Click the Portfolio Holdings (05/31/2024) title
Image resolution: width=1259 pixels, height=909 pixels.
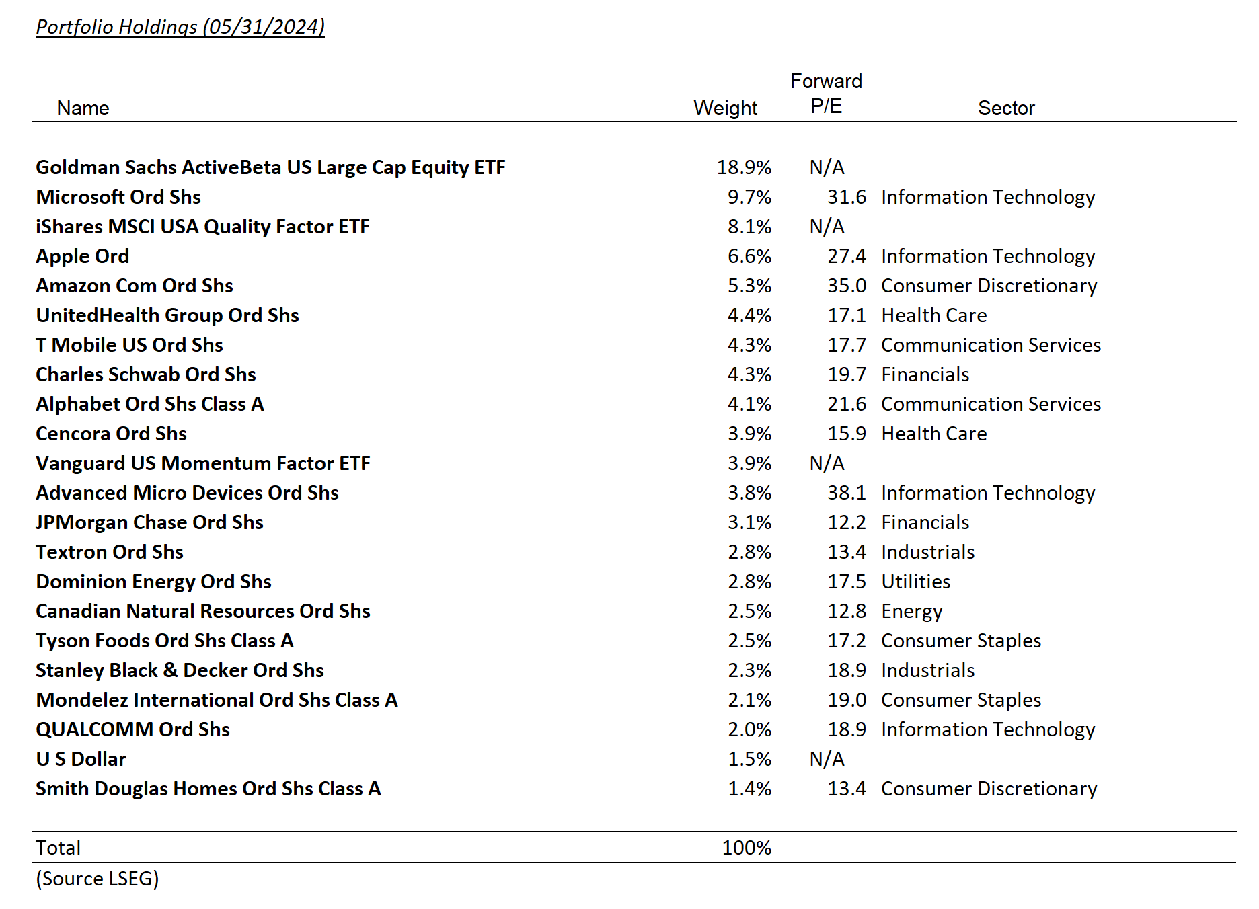(180, 27)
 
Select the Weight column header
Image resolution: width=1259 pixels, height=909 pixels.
(725, 108)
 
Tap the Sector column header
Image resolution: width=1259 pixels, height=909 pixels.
(1005, 108)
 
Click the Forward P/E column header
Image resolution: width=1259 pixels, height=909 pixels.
(826, 94)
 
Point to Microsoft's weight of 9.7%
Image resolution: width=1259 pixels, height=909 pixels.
(749, 197)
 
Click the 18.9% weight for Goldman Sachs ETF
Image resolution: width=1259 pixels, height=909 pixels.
(744, 167)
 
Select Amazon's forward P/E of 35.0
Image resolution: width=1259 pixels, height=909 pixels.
(846, 286)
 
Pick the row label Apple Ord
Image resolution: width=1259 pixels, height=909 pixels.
(82, 256)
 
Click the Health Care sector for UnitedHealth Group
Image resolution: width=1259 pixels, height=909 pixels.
(933, 315)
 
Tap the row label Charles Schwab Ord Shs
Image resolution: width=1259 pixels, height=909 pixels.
(146, 374)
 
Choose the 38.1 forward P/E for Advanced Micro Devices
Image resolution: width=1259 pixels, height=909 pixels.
(846, 493)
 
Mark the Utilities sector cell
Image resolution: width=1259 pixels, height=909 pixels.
(915, 582)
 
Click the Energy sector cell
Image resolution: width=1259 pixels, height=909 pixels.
(911, 611)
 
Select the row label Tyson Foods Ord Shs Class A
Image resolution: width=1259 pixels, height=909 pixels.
(165, 641)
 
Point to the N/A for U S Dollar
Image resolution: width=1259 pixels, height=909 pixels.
(827, 759)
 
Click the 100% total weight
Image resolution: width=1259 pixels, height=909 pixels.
(747, 848)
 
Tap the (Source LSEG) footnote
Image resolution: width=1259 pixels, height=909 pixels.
(98, 879)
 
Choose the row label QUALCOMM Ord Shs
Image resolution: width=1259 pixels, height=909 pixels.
(132, 729)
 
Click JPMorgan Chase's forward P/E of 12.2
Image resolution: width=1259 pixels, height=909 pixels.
(846, 522)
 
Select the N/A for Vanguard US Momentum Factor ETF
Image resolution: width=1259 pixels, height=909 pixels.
(827, 463)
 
